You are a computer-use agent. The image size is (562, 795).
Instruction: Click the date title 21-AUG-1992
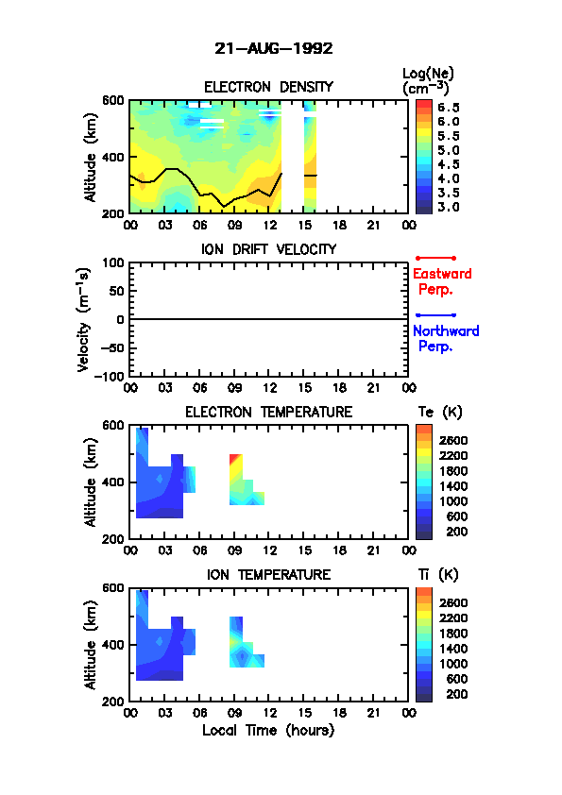273,49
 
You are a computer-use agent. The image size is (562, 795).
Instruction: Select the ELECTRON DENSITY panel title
268,87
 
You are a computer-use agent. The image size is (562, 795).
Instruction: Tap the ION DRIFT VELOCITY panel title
268,249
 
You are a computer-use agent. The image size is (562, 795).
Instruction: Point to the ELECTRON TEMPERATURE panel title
268,413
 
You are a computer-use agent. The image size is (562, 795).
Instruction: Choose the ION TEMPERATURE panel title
268,574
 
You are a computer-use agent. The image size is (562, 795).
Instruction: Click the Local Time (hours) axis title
268,731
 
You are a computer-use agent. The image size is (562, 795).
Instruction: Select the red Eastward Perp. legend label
442,281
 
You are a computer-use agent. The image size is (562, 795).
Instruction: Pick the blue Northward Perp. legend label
446,339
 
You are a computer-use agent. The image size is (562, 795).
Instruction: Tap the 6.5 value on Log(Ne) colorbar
449,108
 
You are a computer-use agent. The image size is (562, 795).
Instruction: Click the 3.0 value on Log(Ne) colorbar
449,207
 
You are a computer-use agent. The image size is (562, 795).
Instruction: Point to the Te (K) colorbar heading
440,413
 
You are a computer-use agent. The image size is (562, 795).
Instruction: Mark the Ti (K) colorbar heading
438,574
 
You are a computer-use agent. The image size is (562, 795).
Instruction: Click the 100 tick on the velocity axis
113,262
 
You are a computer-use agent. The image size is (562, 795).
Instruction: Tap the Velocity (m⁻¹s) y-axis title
84,319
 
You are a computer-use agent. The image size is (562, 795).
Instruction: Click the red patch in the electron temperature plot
234,458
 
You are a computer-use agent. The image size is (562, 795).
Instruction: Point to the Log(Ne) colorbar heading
428,81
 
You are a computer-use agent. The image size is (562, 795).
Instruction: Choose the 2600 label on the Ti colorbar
453,602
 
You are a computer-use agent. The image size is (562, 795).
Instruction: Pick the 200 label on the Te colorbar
456,532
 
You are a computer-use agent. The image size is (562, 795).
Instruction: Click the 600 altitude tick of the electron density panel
113,100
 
